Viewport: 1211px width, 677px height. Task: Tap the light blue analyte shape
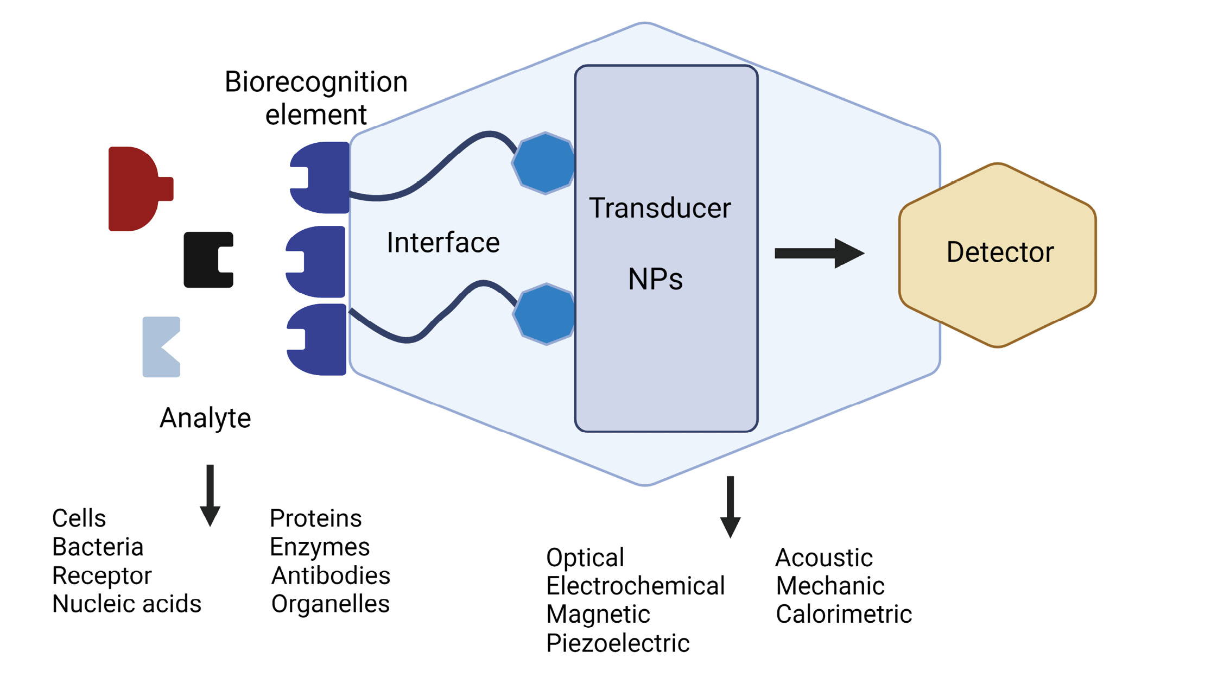pos(157,347)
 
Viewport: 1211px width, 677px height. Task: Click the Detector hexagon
pos(998,255)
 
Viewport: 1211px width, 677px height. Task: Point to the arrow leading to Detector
pos(820,253)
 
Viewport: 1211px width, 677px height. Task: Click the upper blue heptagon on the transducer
pos(544,163)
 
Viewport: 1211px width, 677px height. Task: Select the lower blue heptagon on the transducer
pos(544,314)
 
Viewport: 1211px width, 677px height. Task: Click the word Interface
pos(443,242)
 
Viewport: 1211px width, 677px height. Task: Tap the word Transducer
pos(660,208)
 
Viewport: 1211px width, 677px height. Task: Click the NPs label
pos(655,279)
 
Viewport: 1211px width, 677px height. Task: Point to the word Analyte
pos(205,419)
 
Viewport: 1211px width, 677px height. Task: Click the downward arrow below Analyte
pos(210,496)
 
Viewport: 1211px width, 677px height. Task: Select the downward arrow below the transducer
pos(731,507)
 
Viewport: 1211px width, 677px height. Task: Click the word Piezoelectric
pos(618,643)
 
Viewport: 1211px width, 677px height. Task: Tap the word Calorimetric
pos(844,614)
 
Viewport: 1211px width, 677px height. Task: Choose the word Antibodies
pos(331,575)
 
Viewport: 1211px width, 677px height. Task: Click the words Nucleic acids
pos(126,604)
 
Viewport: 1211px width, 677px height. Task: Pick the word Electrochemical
pos(635,586)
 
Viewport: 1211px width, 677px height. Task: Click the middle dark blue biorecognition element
pos(316,262)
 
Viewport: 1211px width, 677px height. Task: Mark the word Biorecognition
pos(316,83)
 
